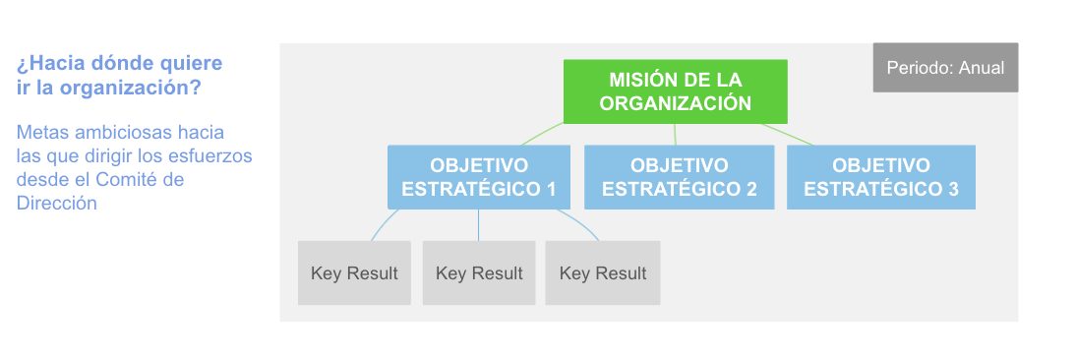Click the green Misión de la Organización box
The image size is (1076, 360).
click(675, 90)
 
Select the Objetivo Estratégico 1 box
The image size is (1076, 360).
click(478, 177)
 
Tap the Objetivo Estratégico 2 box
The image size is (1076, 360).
click(679, 177)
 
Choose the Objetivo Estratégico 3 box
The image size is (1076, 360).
click(880, 177)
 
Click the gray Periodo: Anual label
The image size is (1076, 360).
click(945, 68)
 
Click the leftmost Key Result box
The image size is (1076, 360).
click(354, 272)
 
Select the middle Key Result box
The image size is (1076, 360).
click(479, 272)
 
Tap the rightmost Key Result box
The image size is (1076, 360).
click(603, 272)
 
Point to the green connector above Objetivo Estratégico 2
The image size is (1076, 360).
click(675, 135)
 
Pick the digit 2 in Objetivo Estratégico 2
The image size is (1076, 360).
click(750, 189)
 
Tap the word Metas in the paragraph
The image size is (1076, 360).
click(41, 132)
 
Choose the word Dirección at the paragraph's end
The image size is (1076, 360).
click(57, 203)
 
